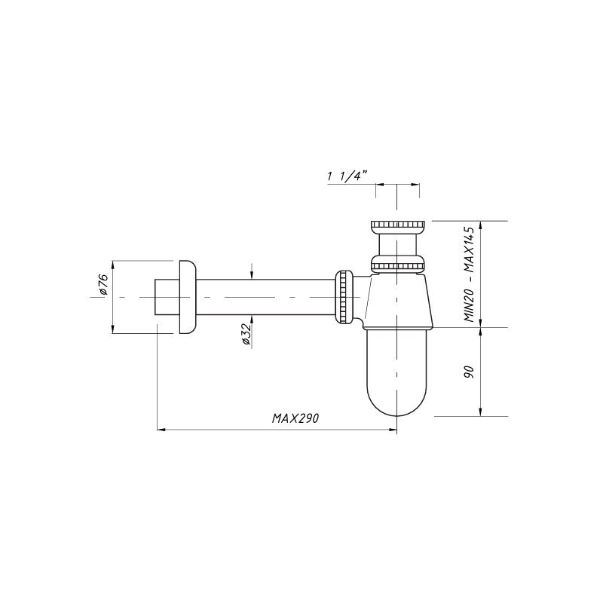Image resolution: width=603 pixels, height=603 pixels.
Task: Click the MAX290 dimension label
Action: pos(295,418)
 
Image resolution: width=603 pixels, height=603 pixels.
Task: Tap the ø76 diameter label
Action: pos(103,285)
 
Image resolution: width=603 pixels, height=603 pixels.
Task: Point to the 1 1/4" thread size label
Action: pos(346,176)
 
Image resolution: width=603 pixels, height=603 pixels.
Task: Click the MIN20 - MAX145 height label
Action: pos(471,274)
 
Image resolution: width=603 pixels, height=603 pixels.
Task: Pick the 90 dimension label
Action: pos(469,372)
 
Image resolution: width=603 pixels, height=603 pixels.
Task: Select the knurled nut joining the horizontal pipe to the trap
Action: pos(344,296)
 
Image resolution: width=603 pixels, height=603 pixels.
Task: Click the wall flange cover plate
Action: pos(187,297)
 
